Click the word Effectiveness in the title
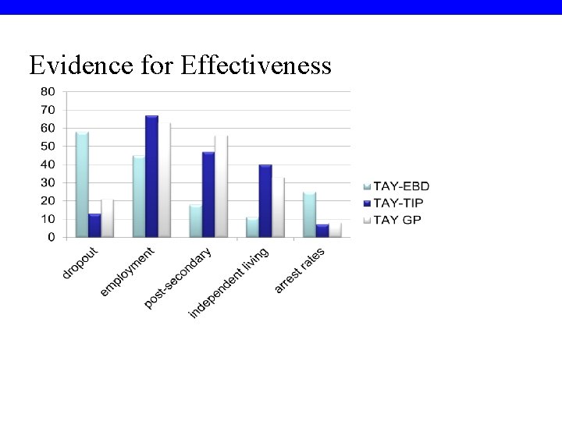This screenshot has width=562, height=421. point(256,65)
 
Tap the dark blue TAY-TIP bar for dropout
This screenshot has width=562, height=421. point(94,225)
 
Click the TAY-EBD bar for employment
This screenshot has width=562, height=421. point(139,196)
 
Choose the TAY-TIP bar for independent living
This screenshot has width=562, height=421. point(265,201)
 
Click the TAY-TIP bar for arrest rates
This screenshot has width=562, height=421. point(322,231)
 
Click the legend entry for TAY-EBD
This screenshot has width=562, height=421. point(396,186)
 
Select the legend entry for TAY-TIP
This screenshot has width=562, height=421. point(396,203)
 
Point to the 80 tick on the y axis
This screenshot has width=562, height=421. point(48,91)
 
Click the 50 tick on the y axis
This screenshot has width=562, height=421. point(48,146)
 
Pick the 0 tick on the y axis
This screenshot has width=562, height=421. point(51,237)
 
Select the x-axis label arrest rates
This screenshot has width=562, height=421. point(300,271)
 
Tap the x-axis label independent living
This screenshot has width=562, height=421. point(229,283)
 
